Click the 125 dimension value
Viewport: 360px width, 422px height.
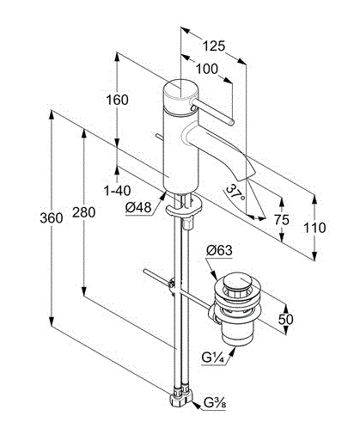point(214,46)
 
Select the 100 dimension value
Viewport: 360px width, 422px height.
point(207,69)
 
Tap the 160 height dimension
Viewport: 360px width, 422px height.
point(117,100)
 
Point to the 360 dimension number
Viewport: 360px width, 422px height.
point(52,218)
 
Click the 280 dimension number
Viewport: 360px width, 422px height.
point(83,212)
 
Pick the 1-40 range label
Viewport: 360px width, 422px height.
point(117,191)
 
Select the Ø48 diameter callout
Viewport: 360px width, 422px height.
point(138,207)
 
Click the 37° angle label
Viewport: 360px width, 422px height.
point(235,193)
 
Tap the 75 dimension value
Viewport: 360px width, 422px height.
point(282,220)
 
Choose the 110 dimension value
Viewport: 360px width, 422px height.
point(314,228)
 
